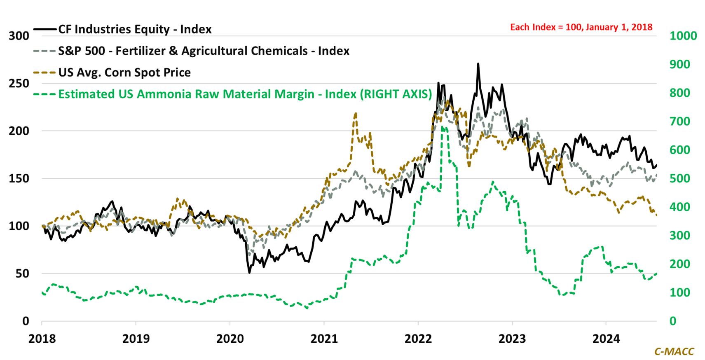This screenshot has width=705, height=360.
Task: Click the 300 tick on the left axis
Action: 19,36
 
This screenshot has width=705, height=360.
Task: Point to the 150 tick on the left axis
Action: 19,178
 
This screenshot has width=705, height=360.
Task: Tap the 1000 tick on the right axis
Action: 683,36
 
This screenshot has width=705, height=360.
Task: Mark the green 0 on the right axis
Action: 673,321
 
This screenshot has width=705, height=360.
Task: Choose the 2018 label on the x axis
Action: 42,339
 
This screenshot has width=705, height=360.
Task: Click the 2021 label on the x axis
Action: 324,339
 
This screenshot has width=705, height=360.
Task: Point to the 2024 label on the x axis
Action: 606,339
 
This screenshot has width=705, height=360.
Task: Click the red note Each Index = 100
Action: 581,27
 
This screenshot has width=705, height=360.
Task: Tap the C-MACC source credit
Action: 674,351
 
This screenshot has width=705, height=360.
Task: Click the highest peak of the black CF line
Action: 478,64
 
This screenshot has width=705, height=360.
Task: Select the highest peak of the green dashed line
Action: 442,127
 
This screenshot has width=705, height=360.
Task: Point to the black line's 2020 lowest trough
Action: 250,272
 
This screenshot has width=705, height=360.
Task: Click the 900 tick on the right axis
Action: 680,64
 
